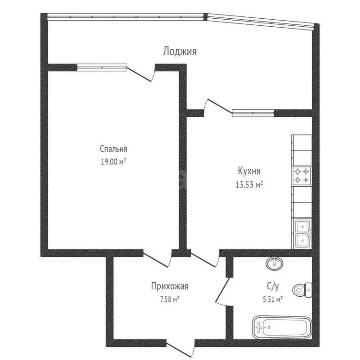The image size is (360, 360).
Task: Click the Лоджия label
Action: point(180,51)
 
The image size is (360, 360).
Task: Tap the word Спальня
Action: point(113,149)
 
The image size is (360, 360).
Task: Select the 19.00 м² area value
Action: point(113,162)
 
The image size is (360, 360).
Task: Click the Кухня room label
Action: point(249,171)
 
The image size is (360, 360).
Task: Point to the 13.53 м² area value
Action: point(249,184)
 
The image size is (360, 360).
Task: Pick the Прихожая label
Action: point(170,286)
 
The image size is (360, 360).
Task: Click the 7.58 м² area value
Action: point(170,300)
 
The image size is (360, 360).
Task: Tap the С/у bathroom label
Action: point(273,286)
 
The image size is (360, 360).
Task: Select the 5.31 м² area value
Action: point(272,300)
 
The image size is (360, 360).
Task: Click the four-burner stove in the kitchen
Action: point(302,176)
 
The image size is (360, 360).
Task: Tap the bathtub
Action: point(282,327)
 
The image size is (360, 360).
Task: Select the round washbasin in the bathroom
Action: point(274,263)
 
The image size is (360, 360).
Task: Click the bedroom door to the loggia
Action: point(141,74)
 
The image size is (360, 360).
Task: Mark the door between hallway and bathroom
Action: point(223,291)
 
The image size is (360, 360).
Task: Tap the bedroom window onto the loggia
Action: point(102,67)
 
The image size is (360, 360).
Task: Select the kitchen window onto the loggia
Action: point(253,113)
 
